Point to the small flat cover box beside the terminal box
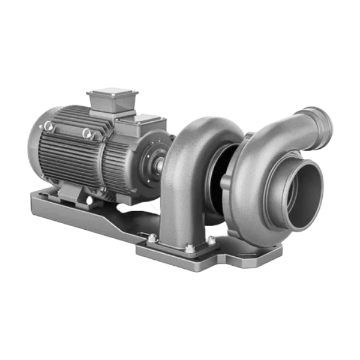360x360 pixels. (136, 126)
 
